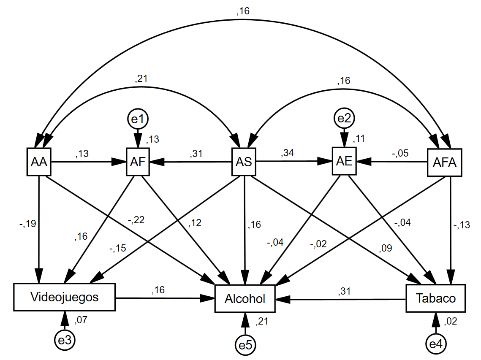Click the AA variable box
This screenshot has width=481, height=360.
(39, 162)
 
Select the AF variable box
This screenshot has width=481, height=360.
(138, 162)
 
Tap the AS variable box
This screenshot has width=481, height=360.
(244, 162)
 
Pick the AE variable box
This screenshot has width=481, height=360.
(345, 162)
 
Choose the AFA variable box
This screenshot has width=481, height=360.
(445, 162)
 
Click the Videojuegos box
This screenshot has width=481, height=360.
(64, 297)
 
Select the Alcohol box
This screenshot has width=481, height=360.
(245, 299)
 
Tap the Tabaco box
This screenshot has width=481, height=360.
(435, 298)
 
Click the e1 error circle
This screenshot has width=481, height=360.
(138, 119)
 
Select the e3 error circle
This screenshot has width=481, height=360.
(64, 340)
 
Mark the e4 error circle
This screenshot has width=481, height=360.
(435, 344)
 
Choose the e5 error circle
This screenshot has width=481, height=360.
(245, 345)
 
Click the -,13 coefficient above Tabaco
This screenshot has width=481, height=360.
(462, 225)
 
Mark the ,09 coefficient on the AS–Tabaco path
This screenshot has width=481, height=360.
(386, 248)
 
